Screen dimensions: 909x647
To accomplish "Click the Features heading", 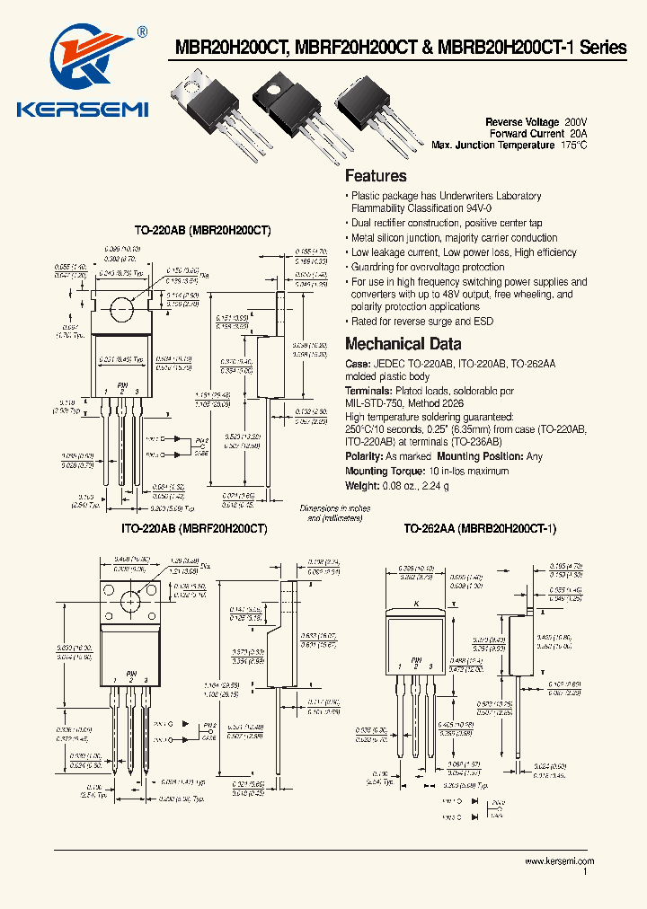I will (376, 176).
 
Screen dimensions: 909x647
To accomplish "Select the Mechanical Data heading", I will (403, 344).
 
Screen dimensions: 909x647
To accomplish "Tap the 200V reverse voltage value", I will (575, 121).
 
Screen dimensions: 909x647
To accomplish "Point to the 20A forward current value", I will (578, 133).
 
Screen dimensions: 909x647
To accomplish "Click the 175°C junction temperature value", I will (573, 145).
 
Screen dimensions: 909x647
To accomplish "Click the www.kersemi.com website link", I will (559, 861).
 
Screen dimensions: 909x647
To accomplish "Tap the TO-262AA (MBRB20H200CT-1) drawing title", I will (480, 529).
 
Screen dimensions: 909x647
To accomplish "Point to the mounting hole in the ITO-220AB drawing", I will (131, 600).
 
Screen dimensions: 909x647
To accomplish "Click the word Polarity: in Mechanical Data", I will (365, 456).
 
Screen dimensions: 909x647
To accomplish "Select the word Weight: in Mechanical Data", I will (363, 485).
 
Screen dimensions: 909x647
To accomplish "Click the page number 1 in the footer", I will (585, 872).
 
